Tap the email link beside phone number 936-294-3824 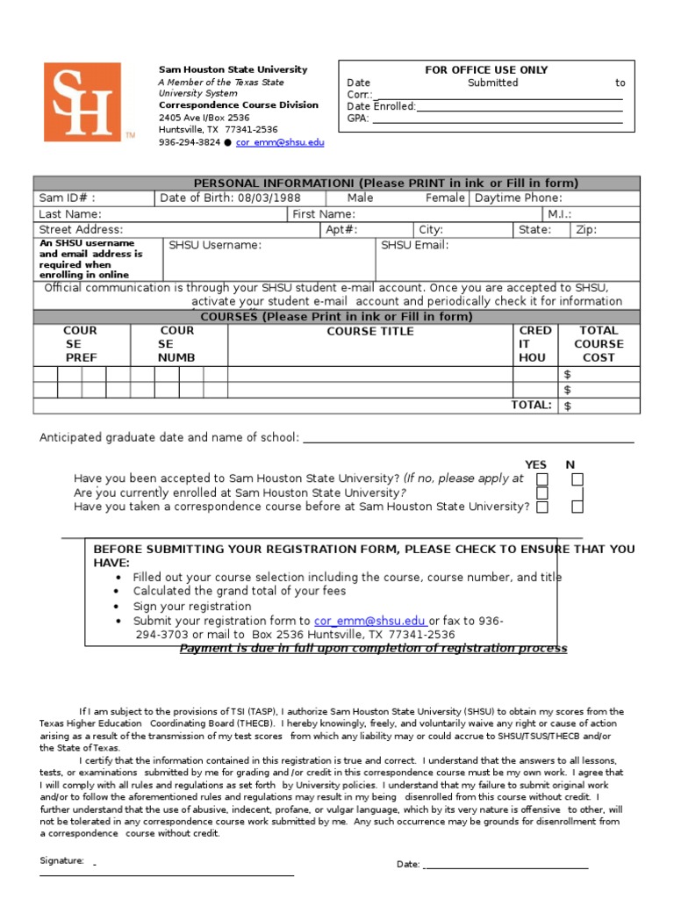(280, 142)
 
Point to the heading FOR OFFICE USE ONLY (485, 70)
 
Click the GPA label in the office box (358, 119)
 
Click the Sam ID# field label (68, 198)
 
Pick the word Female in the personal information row (445, 198)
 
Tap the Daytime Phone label (519, 198)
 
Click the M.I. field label (559, 214)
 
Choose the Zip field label (585, 230)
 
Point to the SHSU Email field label (415, 246)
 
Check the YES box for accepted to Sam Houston (542, 479)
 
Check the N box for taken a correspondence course (577, 507)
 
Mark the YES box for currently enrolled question (542, 493)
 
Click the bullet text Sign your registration (192, 607)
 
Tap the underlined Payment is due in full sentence (373, 649)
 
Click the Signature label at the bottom (61, 861)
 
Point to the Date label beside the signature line (408, 865)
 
